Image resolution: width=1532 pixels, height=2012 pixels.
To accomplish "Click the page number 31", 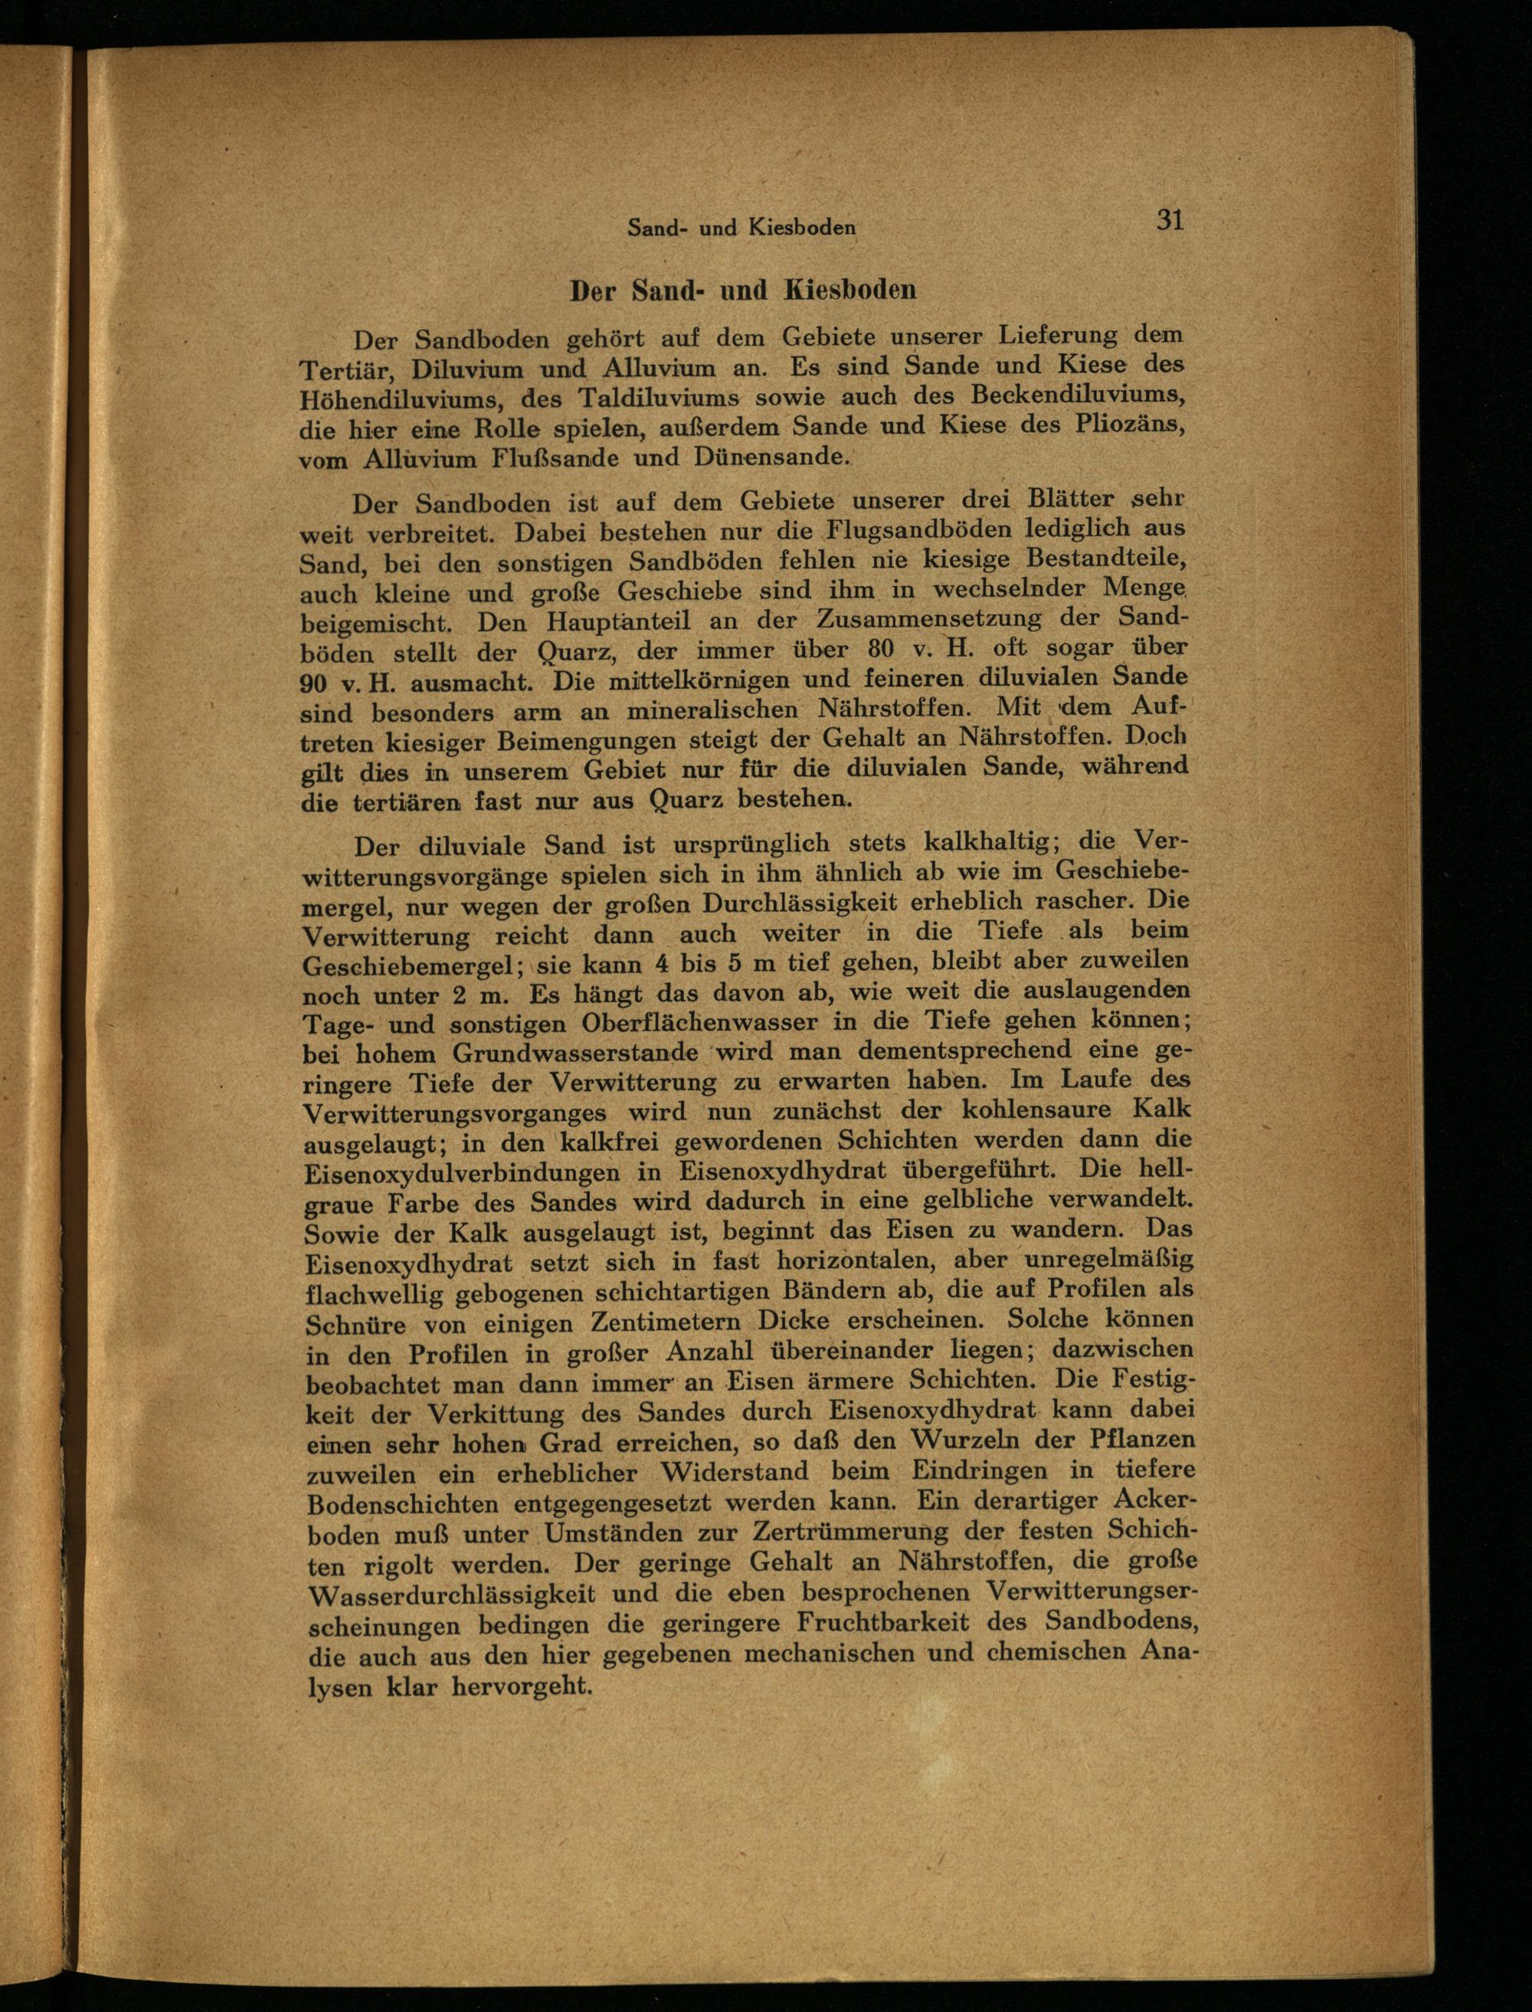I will click(x=1170, y=220).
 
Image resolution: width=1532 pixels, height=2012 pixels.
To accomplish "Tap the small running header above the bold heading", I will click(x=741, y=228).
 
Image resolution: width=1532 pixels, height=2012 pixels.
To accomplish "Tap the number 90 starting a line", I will click(x=316, y=684).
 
